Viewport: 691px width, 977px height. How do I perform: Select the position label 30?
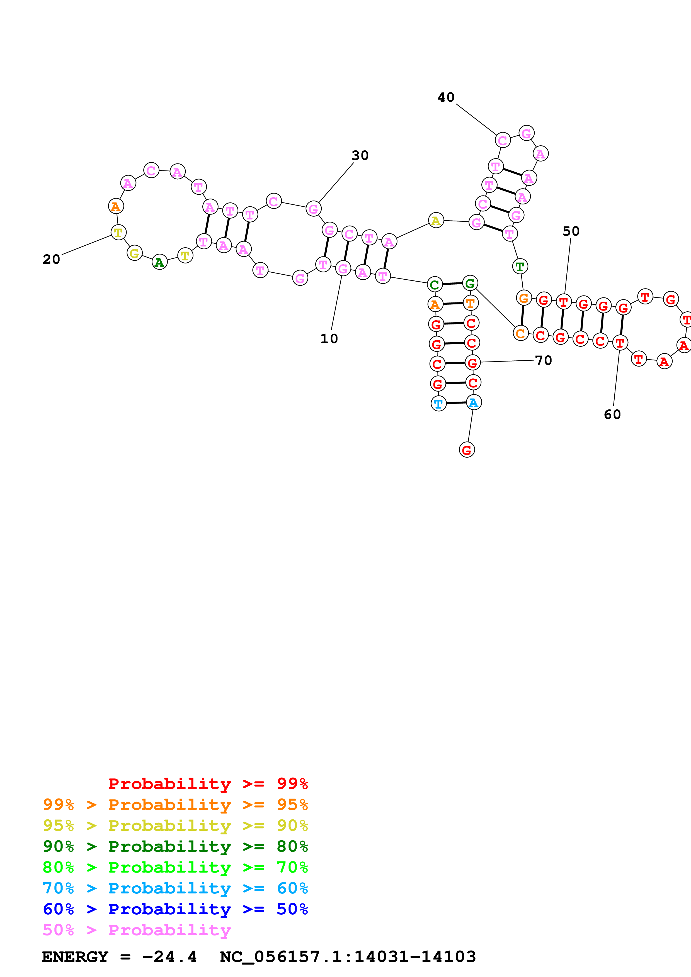tap(360, 155)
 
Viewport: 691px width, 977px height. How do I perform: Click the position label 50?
tap(571, 231)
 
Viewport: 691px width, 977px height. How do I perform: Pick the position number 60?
tap(612, 414)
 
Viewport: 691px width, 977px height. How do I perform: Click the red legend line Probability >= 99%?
tap(208, 784)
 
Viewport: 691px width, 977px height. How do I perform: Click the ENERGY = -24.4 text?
tap(119, 957)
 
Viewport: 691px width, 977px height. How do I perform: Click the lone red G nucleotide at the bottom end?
tap(467, 450)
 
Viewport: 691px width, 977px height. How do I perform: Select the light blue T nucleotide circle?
tap(438, 403)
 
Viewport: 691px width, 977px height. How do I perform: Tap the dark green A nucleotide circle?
tap(160, 263)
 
